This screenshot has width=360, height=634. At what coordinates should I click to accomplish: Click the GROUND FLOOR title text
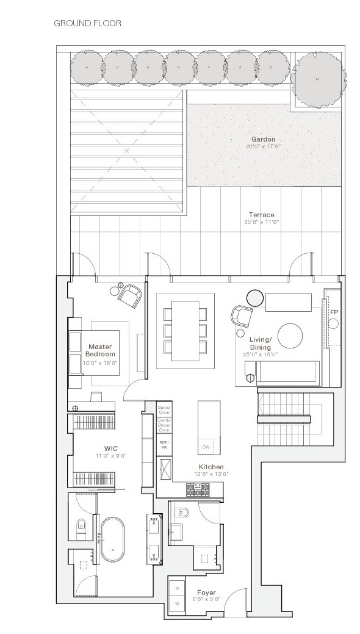(x=87, y=24)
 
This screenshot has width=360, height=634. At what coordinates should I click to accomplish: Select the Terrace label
(x=261, y=215)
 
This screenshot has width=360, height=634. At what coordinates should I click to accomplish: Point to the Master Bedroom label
(x=101, y=350)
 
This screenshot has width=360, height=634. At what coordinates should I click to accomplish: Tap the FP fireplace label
(x=334, y=312)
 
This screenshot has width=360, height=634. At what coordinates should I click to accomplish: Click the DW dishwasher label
(x=206, y=447)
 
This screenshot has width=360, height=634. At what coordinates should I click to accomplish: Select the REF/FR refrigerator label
(x=164, y=445)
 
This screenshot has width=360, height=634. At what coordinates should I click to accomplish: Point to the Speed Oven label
(x=164, y=409)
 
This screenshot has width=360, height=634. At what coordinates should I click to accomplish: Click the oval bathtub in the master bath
(x=113, y=541)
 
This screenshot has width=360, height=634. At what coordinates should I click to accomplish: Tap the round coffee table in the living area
(x=290, y=335)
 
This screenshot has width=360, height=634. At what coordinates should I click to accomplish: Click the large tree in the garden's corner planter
(x=317, y=79)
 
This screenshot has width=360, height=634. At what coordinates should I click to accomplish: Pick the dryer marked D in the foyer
(x=177, y=588)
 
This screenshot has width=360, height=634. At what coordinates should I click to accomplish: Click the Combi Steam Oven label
(x=164, y=425)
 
